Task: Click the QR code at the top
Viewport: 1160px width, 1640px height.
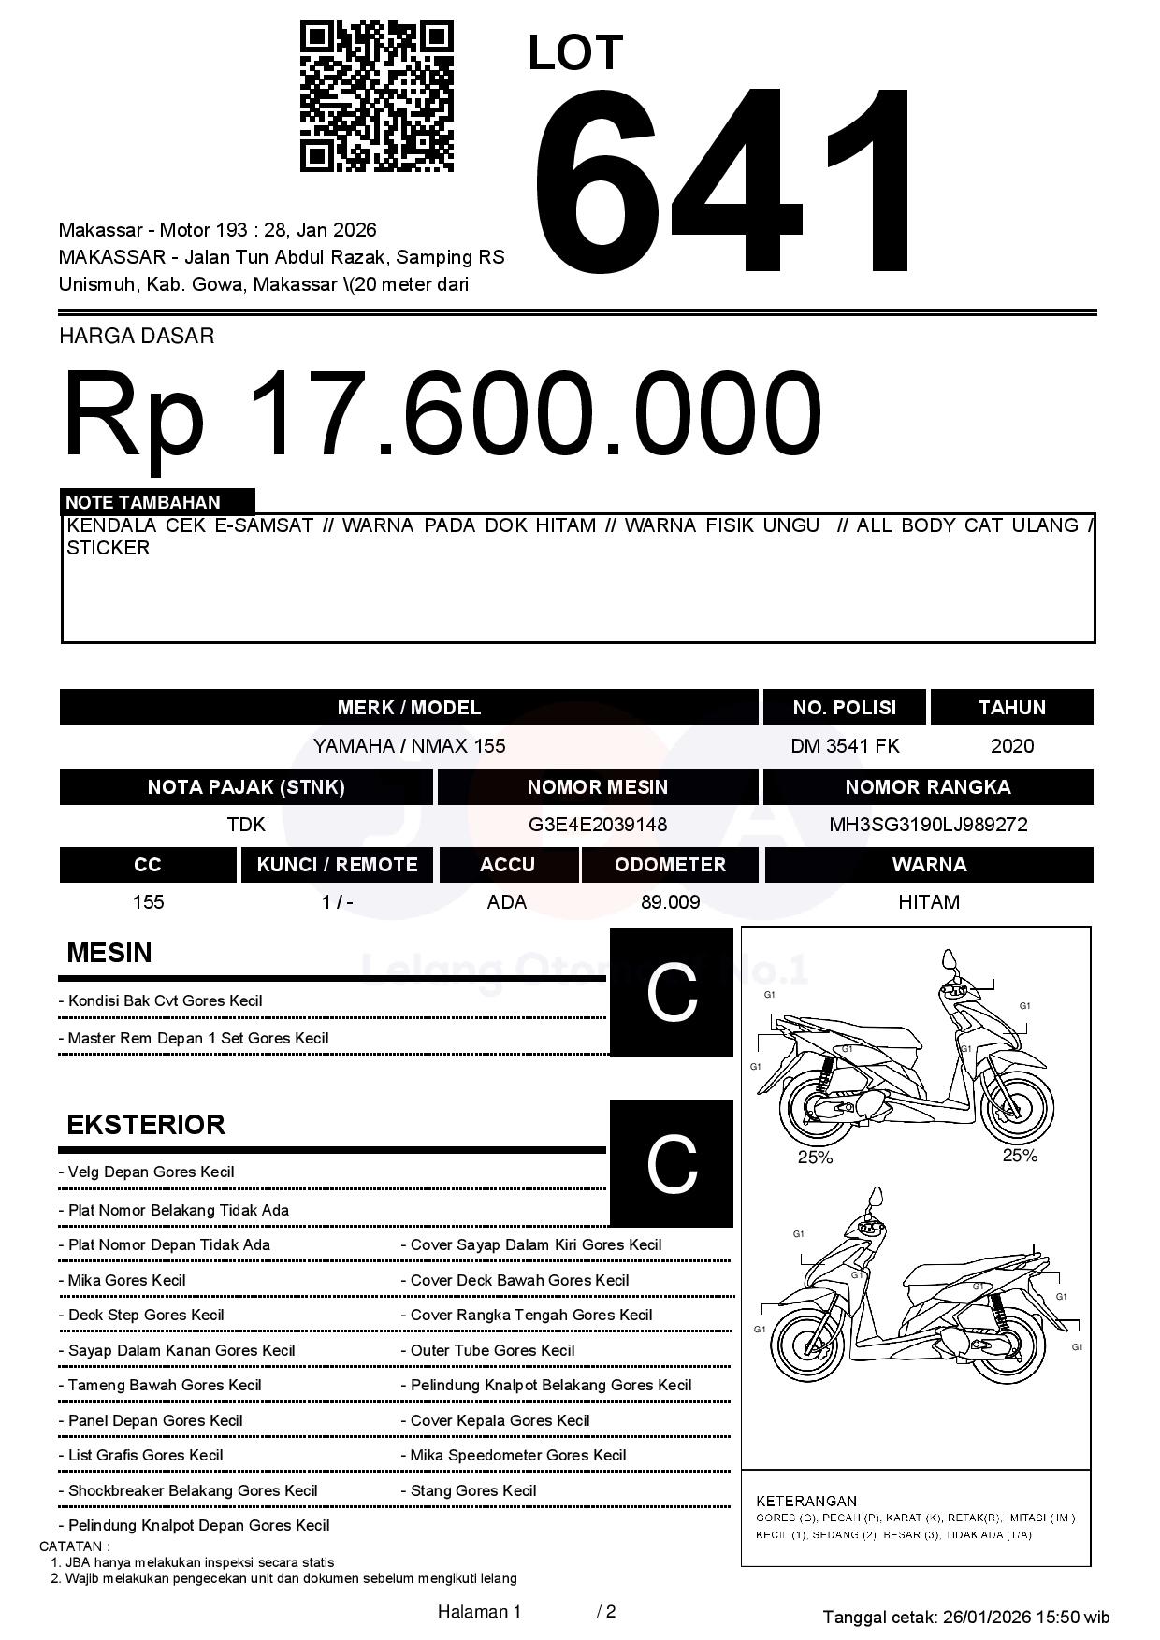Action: pos(376,96)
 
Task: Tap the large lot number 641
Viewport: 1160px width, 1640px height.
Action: pos(725,182)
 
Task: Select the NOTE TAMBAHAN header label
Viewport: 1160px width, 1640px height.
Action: pos(142,502)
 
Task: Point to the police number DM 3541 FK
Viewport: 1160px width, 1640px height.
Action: pos(845,746)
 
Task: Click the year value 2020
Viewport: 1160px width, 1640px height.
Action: pos(1011,746)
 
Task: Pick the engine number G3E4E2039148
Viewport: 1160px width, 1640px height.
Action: pos(597,825)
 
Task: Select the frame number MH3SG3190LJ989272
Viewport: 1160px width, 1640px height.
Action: pos(928,825)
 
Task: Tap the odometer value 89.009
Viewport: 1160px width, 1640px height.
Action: pos(670,902)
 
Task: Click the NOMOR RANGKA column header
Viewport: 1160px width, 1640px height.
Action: pos(928,787)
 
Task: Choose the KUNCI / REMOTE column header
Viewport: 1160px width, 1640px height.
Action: pos(337,865)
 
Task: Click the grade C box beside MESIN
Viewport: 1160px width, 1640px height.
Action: pos(671,992)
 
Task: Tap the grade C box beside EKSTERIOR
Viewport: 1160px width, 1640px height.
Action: pos(671,1163)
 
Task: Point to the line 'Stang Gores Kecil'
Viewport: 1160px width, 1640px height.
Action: pos(473,1490)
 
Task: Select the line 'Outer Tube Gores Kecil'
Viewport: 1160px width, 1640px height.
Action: pos(492,1350)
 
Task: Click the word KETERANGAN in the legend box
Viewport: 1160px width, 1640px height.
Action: pos(805,1501)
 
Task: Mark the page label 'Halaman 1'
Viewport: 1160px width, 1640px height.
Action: pos(479,1611)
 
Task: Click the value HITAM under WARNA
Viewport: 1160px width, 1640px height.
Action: pos(928,902)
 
